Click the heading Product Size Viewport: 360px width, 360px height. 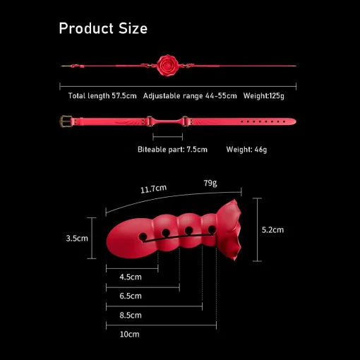pyautogui.click(x=103, y=28)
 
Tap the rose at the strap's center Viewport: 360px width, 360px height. pyautogui.click(x=167, y=66)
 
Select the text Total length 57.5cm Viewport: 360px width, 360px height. pyautogui.click(x=102, y=96)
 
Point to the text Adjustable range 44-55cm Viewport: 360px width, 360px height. pyautogui.click(x=190, y=96)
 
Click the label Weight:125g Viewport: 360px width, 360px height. pyautogui.click(x=264, y=96)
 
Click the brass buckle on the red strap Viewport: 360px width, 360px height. pyautogui.click(x=66, y=121)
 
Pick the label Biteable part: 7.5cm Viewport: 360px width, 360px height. pyautogui.click(x=172, y=150)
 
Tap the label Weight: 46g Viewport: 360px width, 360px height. pyautogui.click(x=246, y=150)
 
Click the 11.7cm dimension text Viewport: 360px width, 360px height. pyautogui.click(x=154, y=188)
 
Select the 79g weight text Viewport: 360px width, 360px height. pyautogui.click(x=210, y=183)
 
